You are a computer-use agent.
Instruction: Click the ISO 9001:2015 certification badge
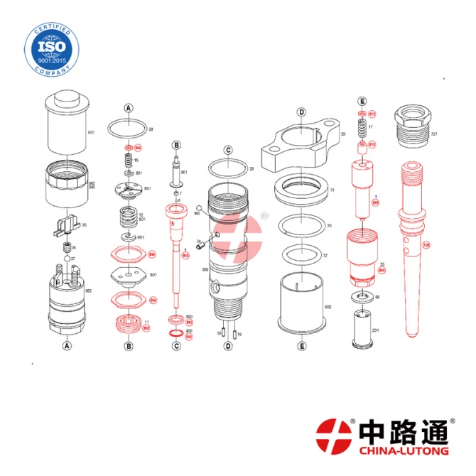tap(48, 46)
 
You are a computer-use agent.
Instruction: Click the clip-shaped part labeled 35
tap(66, 226)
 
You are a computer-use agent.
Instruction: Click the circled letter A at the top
tap(129, 108)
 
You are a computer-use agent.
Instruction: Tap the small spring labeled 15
tap(129, 160)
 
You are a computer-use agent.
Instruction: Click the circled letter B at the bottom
tap(129, 347)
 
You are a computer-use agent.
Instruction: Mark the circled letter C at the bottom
tap(176, 347)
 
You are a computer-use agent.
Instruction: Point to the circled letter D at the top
tap(301, 112)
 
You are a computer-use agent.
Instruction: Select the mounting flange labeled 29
tap(301, 146)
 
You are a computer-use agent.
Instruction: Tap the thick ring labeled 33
tap(301, 191)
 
